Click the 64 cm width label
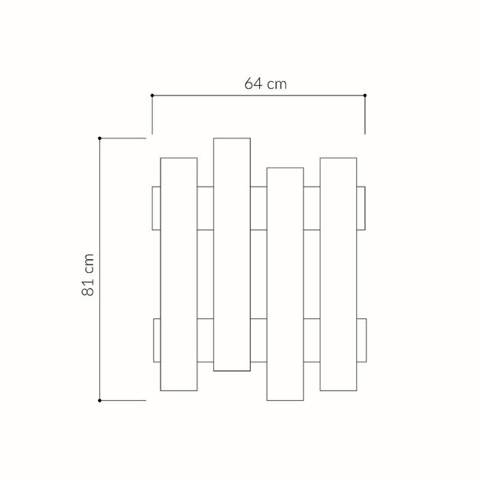coord(265,83)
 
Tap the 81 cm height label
coord(88,275)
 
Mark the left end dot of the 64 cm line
coord(152,96)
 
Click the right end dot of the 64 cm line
coord(365,96)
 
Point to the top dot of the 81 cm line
coord(99,138)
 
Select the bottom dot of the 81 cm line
coord(99,401)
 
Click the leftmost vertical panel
coord(179,275)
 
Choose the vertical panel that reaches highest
coord(232,255)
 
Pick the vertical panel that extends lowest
coord(285,284)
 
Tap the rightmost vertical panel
coord(338,275)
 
